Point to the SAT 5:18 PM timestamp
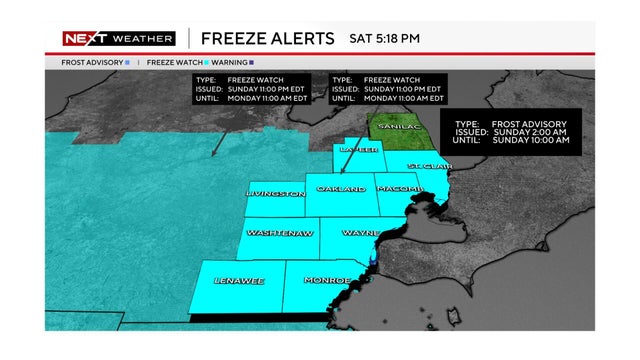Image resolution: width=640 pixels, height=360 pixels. [x=383, y=38]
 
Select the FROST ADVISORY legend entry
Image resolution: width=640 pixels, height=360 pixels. [x=88, y=62]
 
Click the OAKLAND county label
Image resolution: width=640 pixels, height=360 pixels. [x=340, y=189]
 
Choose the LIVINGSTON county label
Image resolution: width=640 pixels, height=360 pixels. [x=275, y=194]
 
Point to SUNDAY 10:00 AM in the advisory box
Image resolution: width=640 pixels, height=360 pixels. [x=539, y=141]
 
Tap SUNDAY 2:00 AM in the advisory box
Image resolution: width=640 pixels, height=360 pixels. [x=537, y=131]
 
